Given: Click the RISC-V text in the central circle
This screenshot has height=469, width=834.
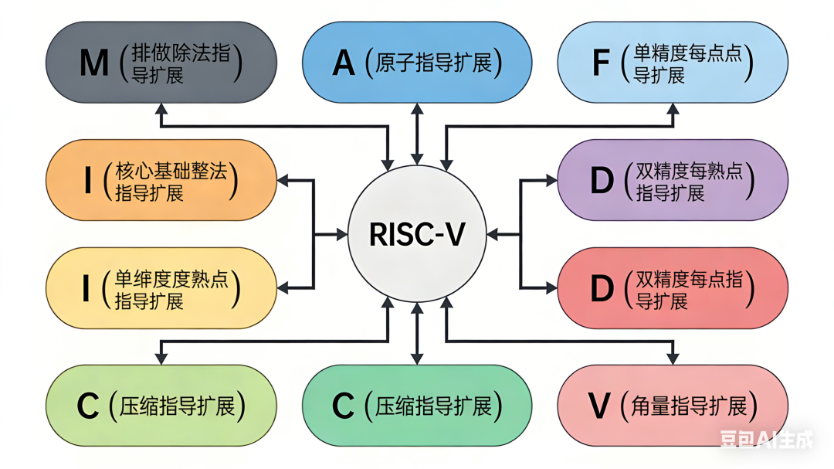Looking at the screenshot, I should point(417,234).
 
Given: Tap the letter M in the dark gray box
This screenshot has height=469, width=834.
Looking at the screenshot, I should point(94,63).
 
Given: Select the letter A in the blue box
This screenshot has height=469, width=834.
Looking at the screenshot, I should point(344,63).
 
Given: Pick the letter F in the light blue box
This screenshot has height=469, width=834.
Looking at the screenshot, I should point(601,63).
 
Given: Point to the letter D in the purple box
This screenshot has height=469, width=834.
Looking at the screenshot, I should point(602,181).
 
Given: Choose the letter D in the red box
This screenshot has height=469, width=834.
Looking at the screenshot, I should point(602,288).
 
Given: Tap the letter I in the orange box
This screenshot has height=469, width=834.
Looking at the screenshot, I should point(87,181).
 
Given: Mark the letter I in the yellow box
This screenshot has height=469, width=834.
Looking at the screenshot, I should point(86,288).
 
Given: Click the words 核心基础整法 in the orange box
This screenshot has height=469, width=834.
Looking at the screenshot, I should point(171,171).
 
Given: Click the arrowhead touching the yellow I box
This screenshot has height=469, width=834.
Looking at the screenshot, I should point(283,287).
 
